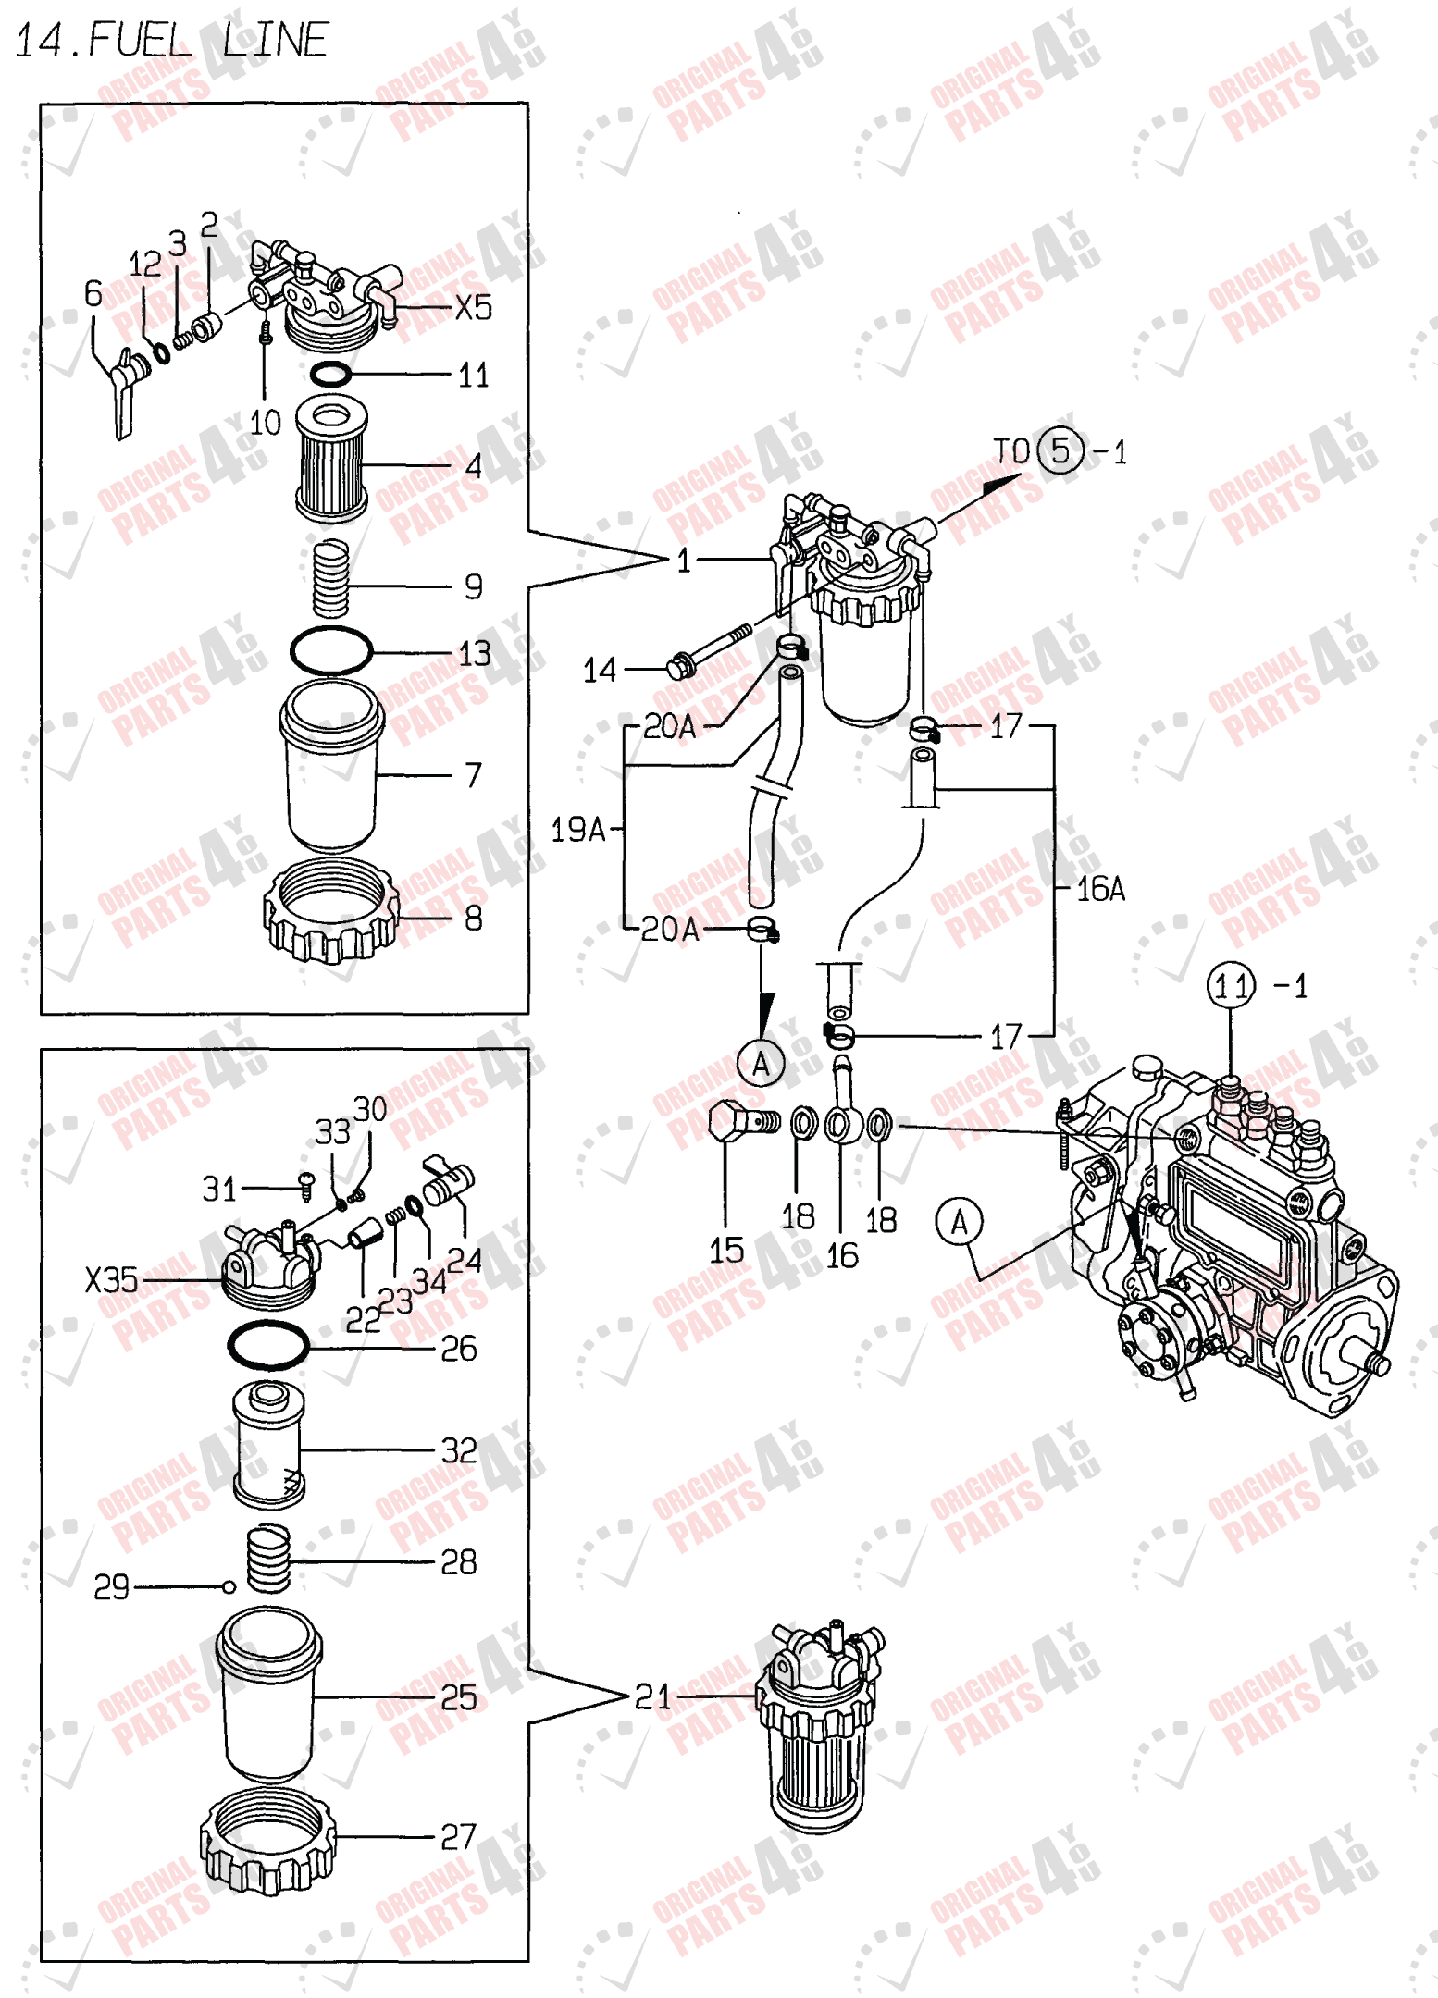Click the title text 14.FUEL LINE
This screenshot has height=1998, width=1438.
(x=171, y=41)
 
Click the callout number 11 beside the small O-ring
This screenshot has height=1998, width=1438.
(x=474, y=376)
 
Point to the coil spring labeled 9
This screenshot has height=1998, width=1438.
(x=330, y=579)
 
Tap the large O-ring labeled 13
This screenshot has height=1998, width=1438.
(x=331, y=651)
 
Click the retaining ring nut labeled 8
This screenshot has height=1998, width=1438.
(x=331, y=912)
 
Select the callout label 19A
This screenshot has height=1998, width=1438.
(x=576, y=830)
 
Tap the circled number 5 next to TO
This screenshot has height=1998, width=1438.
(x=1060, y=451)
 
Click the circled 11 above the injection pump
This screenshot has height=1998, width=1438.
(x=1231, y=986)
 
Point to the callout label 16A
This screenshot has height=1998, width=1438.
(x=1100, y=889)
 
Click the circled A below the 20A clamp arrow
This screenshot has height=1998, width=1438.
(x=761, y=1064)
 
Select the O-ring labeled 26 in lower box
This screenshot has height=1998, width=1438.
(x=268, y=1346)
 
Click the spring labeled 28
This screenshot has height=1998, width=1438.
(x=268, y=1559)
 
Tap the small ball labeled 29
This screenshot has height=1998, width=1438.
(x=229, y=1587)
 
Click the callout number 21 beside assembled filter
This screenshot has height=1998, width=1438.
(x=652, y=1696)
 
